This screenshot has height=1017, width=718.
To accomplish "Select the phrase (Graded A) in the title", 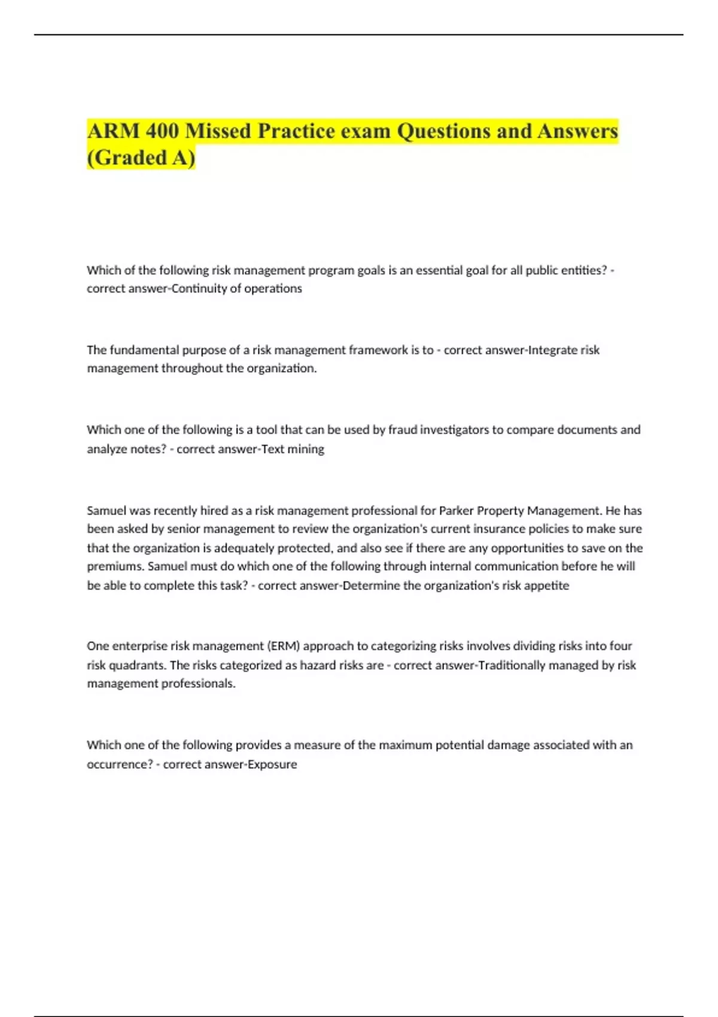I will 141,158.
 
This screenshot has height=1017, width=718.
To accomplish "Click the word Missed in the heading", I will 218,131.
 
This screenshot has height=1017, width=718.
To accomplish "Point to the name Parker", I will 457,511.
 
